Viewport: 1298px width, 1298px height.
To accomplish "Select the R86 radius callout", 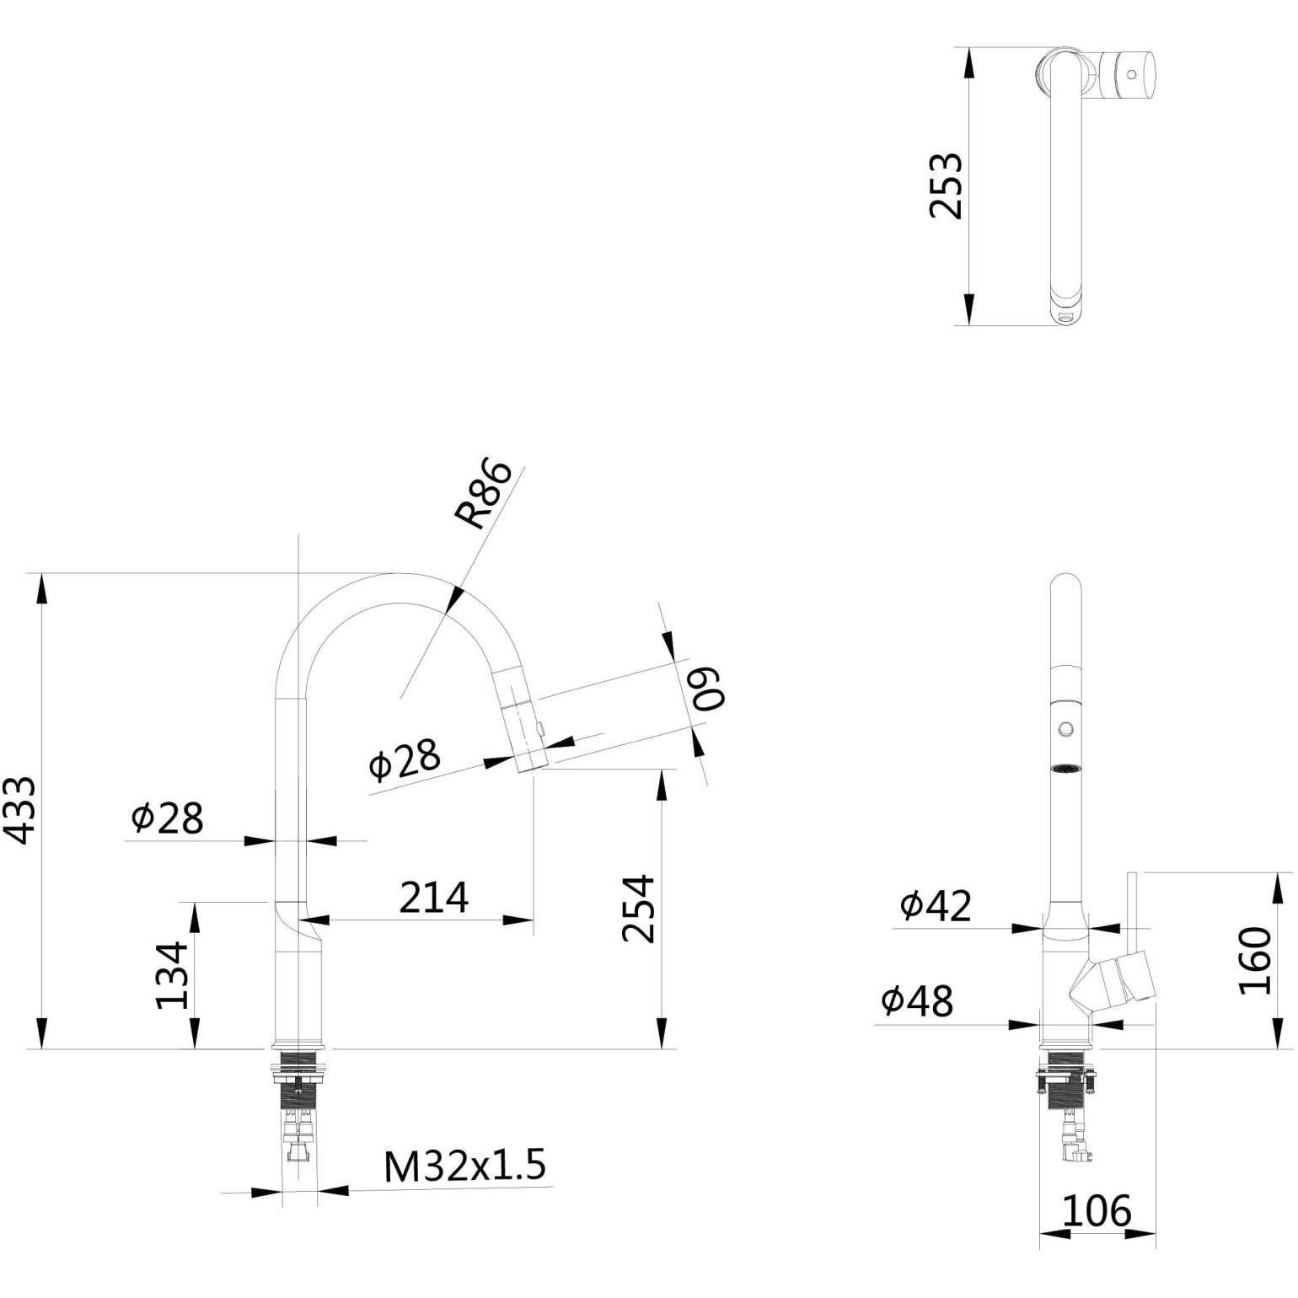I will (x=482, y=495).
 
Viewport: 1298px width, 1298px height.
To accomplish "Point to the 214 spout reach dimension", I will (x=433, y=898).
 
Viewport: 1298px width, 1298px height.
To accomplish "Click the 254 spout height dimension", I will (x=638, y=909).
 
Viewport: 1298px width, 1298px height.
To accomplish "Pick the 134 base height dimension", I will (x=174, y=975).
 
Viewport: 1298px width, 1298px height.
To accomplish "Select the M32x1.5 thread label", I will (x=464, y=1167).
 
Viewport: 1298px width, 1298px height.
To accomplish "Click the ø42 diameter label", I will (x=936, y=905).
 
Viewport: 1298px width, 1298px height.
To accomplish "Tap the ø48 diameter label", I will (x=917, y=1001).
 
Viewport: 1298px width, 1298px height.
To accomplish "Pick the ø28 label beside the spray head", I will (x=405, y=760).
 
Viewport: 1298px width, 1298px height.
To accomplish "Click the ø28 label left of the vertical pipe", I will (x=167, y=818).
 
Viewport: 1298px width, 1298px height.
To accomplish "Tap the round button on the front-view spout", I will (x=1067, y=727).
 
